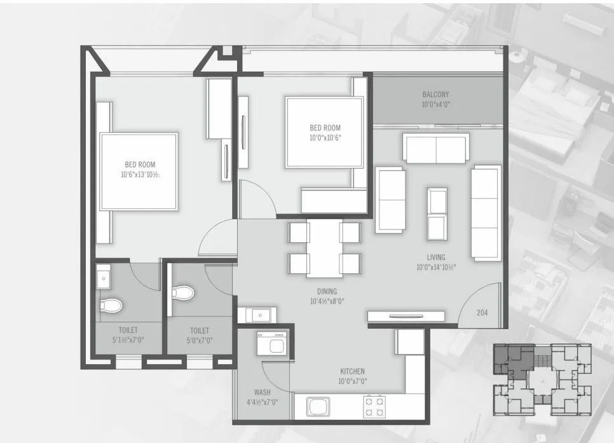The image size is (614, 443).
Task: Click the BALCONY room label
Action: click(x=435, y=95)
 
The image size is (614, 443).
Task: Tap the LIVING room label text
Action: click(x=435, y=257)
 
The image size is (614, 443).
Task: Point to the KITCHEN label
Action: click(x=352, y=371)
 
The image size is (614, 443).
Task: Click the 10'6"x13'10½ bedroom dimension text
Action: click(x=140, y=174)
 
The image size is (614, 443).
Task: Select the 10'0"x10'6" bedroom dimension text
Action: click(x=325, y=137)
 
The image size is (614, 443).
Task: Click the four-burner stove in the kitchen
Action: click(x=374, y=406)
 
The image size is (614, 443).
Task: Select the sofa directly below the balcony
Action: click(x=436, y=149)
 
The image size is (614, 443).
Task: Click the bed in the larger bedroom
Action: click(x=139, y=172)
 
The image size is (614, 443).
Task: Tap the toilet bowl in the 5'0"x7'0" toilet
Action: click(x=183, y=292)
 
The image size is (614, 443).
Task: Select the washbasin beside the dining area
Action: click(x=259, y=314)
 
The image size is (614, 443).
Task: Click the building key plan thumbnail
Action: click(x=542, y=380)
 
